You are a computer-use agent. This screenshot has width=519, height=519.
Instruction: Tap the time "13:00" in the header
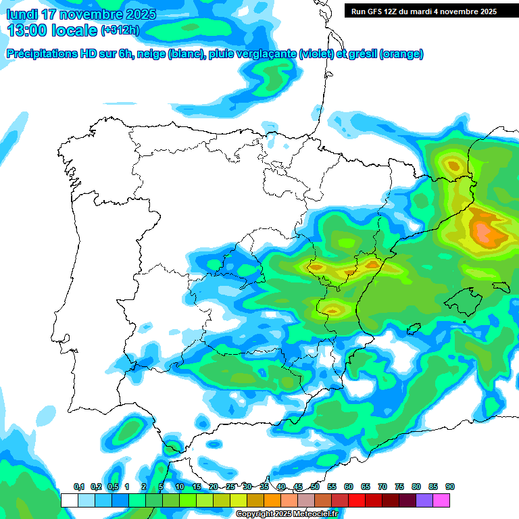click(x=27, y=30)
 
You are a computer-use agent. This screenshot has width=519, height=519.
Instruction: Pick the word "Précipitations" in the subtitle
click(x=41, y=53)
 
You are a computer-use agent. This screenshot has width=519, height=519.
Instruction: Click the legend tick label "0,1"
click(x=78, y=487)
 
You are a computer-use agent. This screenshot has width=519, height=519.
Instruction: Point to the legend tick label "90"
click(x=449, y=487)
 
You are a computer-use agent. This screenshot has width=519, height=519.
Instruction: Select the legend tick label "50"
click(x=315, y=487)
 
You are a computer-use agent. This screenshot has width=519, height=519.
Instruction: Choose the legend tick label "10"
click(x=180, y=487)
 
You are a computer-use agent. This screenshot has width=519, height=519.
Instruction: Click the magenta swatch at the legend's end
click(x=441, y=500)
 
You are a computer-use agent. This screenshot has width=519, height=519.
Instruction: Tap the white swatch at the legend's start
click(x=70, y=500)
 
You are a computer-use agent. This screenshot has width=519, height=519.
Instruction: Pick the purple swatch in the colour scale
click(x=424, y=500)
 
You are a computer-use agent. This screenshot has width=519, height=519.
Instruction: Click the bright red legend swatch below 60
click(x=357, y=500)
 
